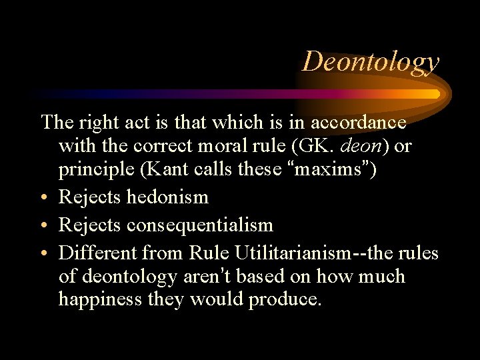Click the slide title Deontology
pos(371,61)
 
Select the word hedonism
pos(167,197)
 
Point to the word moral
pos(233,146)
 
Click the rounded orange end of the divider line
pos(436,93)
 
